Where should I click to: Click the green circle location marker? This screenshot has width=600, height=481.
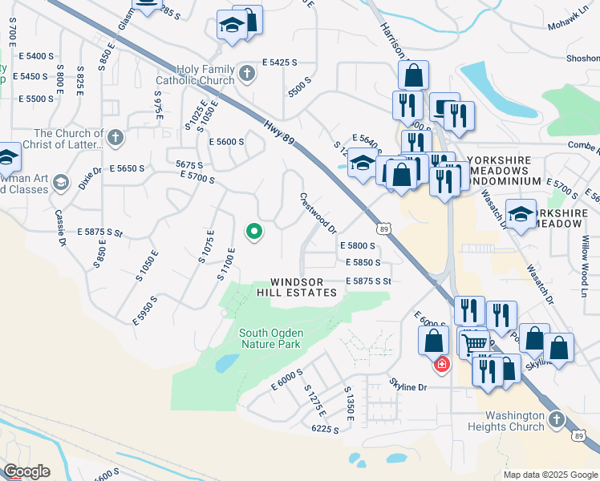point(254,232)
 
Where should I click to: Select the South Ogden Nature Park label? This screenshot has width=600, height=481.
point(270,338)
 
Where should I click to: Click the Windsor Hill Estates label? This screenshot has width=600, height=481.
point(297,288)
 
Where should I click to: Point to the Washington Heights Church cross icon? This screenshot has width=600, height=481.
point(557,418)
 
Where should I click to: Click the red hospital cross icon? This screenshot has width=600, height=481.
point(441,365)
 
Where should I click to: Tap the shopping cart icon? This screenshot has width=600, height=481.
point(474,344)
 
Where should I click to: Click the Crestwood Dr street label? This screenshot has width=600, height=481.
point(318,212)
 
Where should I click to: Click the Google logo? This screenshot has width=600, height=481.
point(26,471)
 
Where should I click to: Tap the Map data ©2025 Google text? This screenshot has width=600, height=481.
point(550,475)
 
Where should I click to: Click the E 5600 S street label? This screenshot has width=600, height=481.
point(225,142)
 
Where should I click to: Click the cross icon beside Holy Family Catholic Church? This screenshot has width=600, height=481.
point(246,75)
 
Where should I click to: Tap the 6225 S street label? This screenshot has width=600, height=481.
point(326,430)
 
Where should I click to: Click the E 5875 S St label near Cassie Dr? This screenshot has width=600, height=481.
point(100,232)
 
